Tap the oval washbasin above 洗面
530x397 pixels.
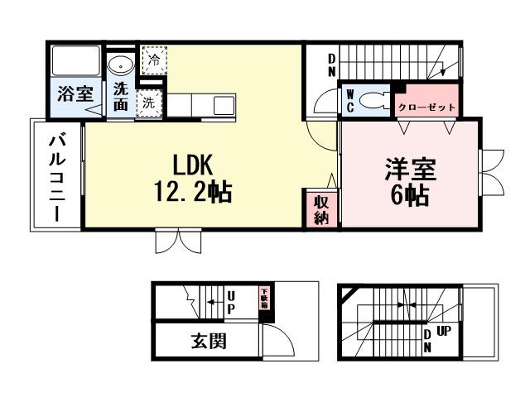pyautogui.click(x=121, y=64)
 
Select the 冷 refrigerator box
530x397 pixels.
pyautogui.click(x=152, y=60)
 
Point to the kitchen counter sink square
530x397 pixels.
pyautogui.click(x=224, y=106)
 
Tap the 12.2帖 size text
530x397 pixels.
pyautogui.click(x=192, y=192)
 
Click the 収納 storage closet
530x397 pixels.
pyautogui.click(x=321, y=210)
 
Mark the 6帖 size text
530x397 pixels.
pyautogui.click(x=410, y=197)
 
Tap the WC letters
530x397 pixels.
pyautogui.click(x=349, y=101)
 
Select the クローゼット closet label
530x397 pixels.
pyautogui.click(x=426, y=108)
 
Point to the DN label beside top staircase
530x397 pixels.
pyautogui.click(x=330, y=65)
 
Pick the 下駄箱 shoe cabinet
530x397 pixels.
pyautogui.click(x=264, y=298)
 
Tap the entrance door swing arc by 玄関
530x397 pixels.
pyautogui.click(x=280, y=339)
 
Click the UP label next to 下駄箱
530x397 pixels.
pyautogui.click(x=231, y=301)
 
